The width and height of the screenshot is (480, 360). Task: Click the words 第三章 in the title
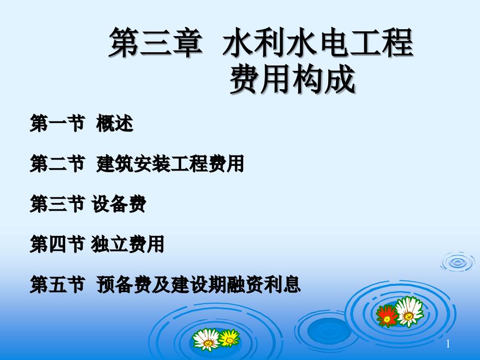click(x=156, y=43)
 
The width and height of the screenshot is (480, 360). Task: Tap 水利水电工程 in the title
click(x=318, y=43)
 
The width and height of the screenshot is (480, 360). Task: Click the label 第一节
click(x=57, y=123)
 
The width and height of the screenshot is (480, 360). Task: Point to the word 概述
click(x=115, y=123)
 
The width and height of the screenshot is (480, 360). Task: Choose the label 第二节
click(x=57, y=163)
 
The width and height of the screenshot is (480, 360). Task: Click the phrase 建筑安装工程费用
click(x=170, y=163)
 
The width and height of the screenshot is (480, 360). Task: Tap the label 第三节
click(x=57, y=204)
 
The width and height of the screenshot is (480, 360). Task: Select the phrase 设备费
click(x=119, y=204)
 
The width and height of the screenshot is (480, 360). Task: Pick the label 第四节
click(x=57, y=244)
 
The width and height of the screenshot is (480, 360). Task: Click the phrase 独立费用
click(x=128, y=244)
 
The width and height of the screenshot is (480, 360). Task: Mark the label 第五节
click(x=57, y=284)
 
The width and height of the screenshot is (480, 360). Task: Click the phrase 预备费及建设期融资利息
click(x=198, y=284)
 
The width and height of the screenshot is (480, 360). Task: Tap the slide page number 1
click(x=448, y=344)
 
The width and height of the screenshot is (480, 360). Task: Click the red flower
click(x=387, y=316)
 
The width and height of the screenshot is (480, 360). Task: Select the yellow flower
click(x=229, y=338)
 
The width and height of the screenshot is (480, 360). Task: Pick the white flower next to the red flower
click(x=409, y=311)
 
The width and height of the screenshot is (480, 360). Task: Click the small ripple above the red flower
click(x=458, y=262)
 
